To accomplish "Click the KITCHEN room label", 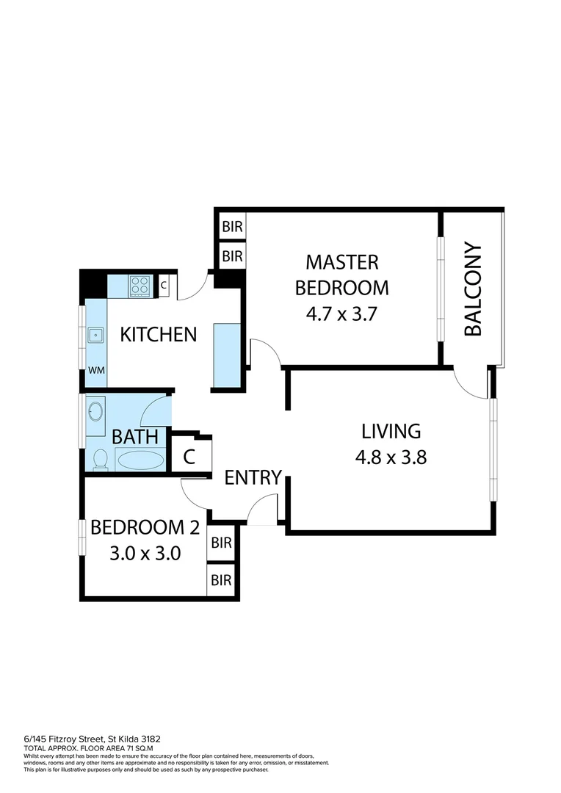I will [159, 335].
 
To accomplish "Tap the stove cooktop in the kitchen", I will [140, 285].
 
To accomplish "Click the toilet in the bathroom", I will [101, 459].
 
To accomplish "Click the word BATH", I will [135, 437].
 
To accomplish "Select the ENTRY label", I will [253, 478].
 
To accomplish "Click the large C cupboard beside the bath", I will [189, 457].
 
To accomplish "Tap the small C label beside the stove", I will [163, 286].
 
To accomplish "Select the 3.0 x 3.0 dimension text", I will [145, 553].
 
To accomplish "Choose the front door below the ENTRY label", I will [263, 511].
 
